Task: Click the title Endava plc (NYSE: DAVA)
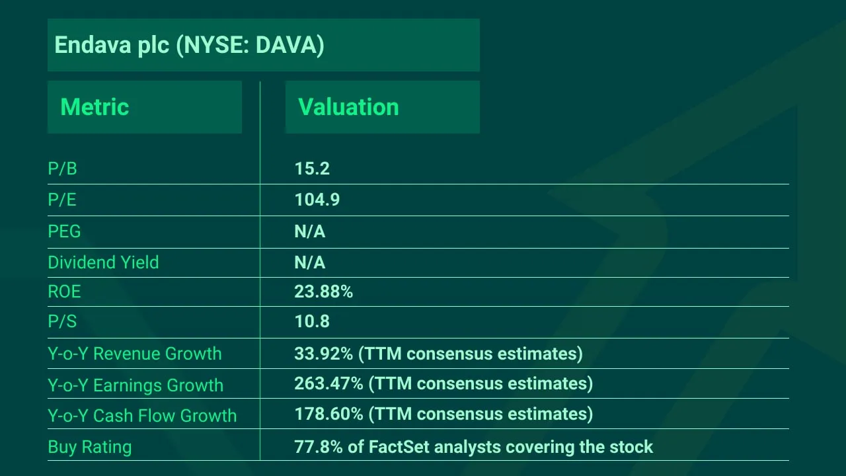pos(189,45)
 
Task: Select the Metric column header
pos(95,107)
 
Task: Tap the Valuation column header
pos(348,107)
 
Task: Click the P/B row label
pos(62,169)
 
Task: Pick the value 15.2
pos(312,169)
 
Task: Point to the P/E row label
pos(62,200)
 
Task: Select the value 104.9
pos(317,200)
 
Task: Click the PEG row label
pos(64,231)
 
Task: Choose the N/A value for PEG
pos(310,231)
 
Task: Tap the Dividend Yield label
pos(103,262)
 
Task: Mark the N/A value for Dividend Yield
pos(310,262)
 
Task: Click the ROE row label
pos(64,292)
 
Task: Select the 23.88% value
pos(324,292)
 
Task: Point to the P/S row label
pos(62,322)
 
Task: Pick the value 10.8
pos(312,322)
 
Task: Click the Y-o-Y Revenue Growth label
pos(135,354)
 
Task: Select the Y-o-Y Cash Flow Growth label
pos(142,416)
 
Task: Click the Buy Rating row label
pos(90,447)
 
